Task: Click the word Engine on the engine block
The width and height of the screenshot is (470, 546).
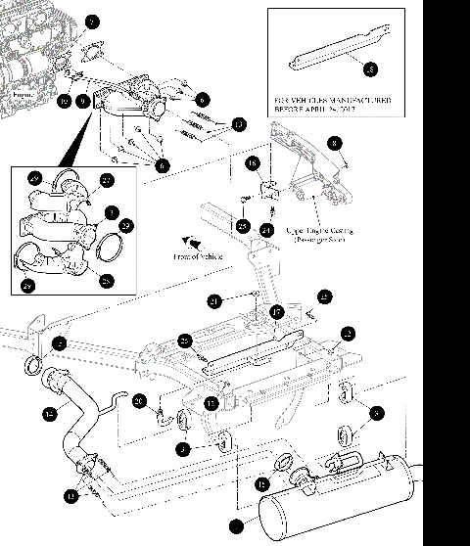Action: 21,96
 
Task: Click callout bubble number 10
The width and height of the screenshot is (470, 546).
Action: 64,101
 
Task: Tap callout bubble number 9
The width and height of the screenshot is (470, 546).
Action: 83,101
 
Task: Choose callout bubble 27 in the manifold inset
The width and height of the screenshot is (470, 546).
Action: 107,179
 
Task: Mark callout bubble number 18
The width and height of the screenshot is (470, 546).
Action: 252,163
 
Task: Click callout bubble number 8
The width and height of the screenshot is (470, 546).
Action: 334,144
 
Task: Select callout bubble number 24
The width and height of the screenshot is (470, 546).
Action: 265,231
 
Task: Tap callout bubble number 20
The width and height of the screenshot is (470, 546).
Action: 139,399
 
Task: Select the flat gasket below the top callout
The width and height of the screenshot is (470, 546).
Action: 94,56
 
